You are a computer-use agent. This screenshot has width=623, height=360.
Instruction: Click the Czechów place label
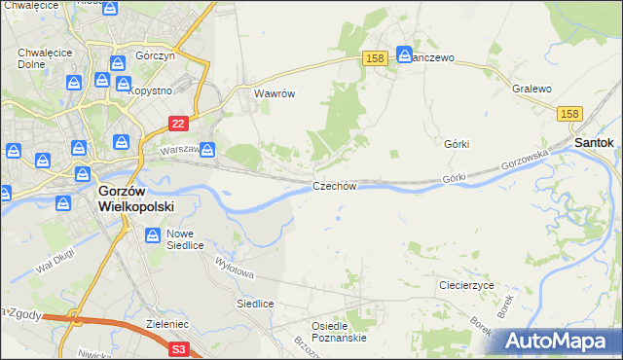pyautogui.click(x=336, y=186)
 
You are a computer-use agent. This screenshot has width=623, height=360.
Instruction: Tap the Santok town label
pyautogui.click(x=594, y=142)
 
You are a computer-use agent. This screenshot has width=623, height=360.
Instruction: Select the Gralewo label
pyautogui.click(x=531, y=89)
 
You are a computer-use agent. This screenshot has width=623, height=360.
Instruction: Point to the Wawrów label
pyautogui.click(x=274, y=94)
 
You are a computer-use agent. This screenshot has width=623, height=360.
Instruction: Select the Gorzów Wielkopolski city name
pyautogui.click(x=135, y=198)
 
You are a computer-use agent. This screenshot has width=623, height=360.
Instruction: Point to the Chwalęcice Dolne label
pyautogui.click(x=37, y=58)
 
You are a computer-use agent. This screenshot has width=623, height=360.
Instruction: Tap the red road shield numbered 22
pyautogui.click(x=177, y=124)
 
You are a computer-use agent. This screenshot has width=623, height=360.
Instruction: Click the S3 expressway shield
pyautogui.click(x=178, y=347)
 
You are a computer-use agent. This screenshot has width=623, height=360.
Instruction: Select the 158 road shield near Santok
pyautogui.click(x=571, y=115)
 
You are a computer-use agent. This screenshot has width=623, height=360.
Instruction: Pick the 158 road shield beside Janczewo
pyautogui.click(x=377, y=58)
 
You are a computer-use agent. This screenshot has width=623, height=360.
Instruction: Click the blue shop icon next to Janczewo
pyautogui.click(x=405, y=55)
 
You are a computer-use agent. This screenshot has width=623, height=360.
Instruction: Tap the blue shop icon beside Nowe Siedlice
pyautogui.click(x=154, y=234)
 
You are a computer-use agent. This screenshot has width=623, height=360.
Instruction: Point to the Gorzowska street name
pyautogui.click(x=520, y=162)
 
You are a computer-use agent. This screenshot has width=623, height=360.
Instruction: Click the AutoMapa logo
pyautogui.click(x=558, y=342)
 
